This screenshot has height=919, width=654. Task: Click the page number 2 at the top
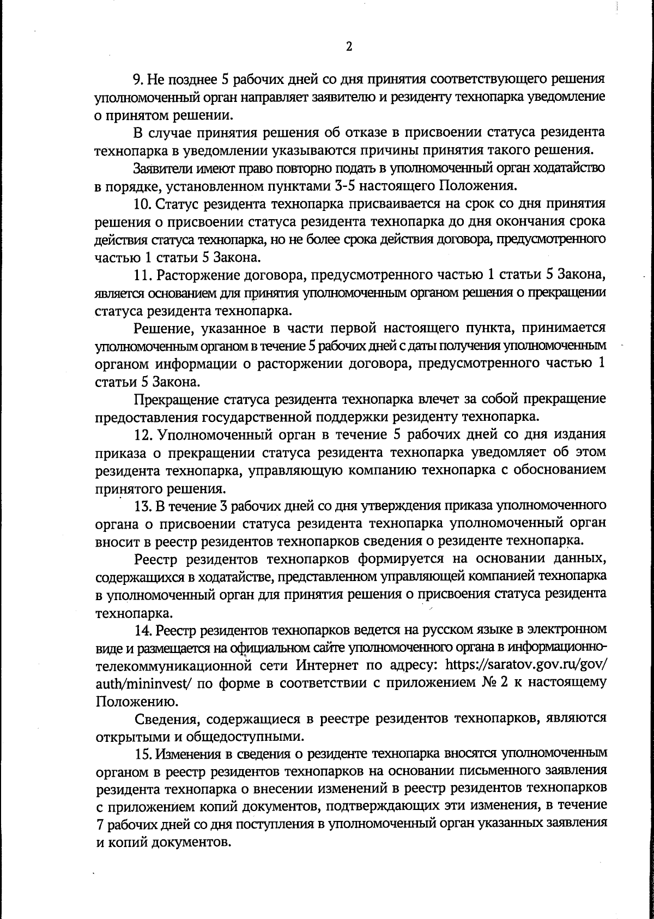pyautogui.click(x=349, y=47)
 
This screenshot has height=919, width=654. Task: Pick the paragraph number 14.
pyautogui.click(x=141, y=630)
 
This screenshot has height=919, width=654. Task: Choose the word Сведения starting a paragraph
pyautogui.click(x=162, y=719)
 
